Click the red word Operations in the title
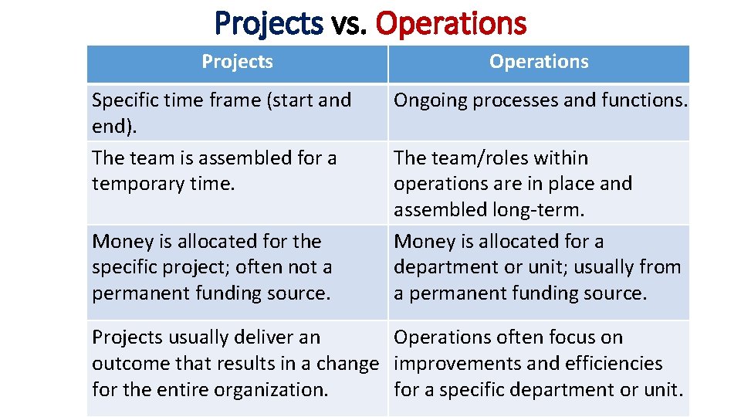[x=451, y=23]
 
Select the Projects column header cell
[x=237, y=62]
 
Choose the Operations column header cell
[x=539, y=62]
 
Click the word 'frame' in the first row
[x=232, y=100]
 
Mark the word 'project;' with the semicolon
[x=193, y=267]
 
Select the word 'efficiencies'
[x=614, y=363]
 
